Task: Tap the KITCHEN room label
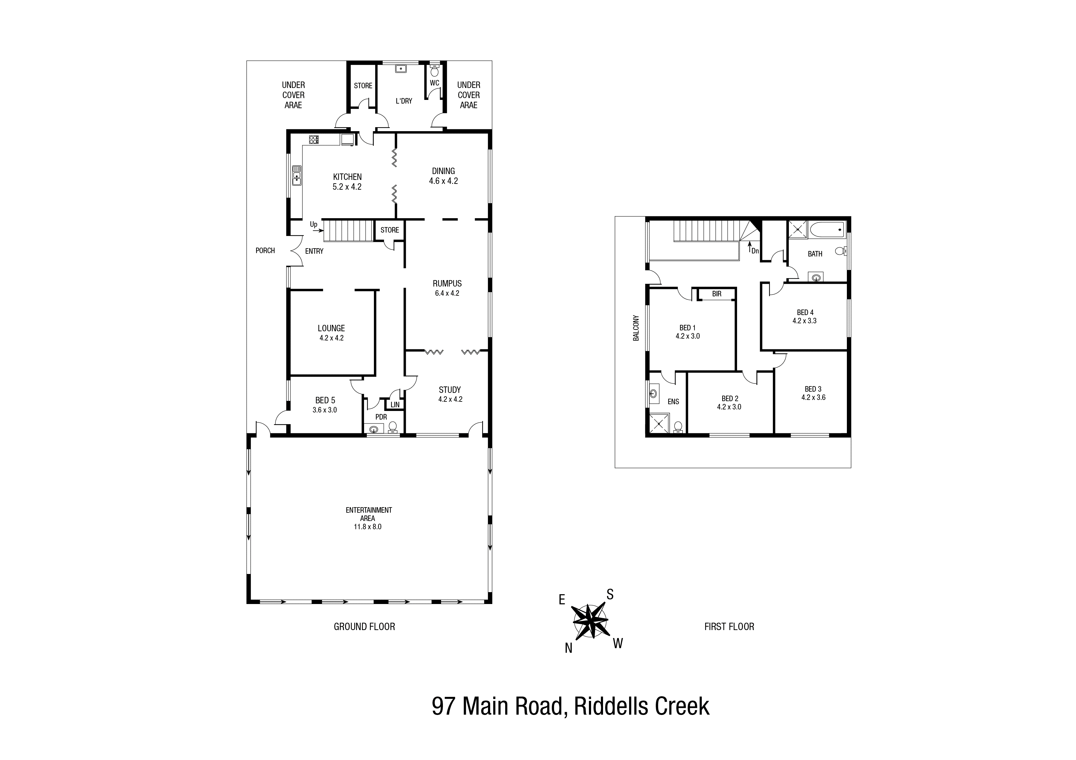pyautogui.click(x=347, y=177)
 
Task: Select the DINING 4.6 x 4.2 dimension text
pyautogui.click(x=443, y=181)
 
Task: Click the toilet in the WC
pyautogui.click(x=434, y=72)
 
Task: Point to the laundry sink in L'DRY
pyautogui.click(x=401, y=69)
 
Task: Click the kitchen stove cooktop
pyautogui.click(x=313, y=139)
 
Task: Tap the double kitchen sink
pyautogui.click(x=297, y=175)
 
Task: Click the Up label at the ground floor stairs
pyautogui.click(x=313, y=224)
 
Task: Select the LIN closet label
pyautogui.click(x=395, y=405)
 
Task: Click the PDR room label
pyautogui.click(x=381, y=417)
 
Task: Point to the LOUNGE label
pyautogui.click(x=331, y=328)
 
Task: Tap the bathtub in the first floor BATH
pyautogui.click(x=826, y=230)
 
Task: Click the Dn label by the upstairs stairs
pyautogui.click(x=755, y=251)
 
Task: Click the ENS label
pyautogui.click(x=674, y=401)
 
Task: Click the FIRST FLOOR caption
pyautogui.click(x=729, y=627)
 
